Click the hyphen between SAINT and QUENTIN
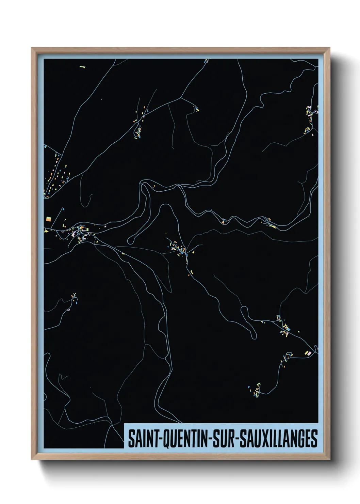158,439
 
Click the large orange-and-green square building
48,218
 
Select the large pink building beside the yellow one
309,353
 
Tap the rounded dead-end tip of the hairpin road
130,241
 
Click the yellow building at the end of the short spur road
197,110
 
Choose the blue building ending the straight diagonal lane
63,208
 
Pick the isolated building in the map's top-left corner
82,67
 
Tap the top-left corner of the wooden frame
32,48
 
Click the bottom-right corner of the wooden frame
329,459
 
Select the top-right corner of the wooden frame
329,48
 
